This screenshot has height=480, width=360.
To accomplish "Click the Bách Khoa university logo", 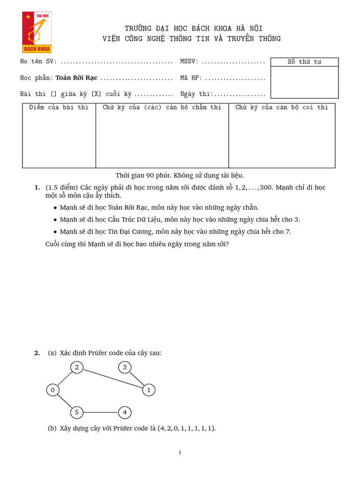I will tap(37, 32).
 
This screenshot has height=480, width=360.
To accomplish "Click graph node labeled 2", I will tap(76, 367).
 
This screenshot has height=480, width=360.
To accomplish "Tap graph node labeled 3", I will tap(124, 367).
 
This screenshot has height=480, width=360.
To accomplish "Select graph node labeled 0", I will tap(53, 390).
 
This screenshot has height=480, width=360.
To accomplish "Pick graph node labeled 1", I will tap(149, 390).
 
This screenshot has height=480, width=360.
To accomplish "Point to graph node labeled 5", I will tap(76, 412).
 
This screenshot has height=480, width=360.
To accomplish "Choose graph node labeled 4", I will tap(125, 412).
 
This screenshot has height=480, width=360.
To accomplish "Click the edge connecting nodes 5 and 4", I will tap(100, 412).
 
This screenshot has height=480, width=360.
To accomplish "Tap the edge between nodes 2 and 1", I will tap(112, 378).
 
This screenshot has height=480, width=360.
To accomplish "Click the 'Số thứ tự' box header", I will tap(304, 62).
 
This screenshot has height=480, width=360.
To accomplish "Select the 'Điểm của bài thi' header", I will tap(59, 107).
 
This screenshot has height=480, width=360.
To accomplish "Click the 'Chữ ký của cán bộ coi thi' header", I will tap(282, 107).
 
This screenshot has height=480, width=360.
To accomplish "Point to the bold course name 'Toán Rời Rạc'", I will tap(77, 78).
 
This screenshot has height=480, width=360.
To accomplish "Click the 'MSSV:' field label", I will tap(189, 61).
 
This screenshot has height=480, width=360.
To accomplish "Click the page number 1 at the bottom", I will tap(180, 452).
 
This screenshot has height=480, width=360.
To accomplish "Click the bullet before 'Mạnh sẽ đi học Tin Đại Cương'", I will tap(56, 232).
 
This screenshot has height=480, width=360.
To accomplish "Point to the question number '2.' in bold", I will tap(37, 353).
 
